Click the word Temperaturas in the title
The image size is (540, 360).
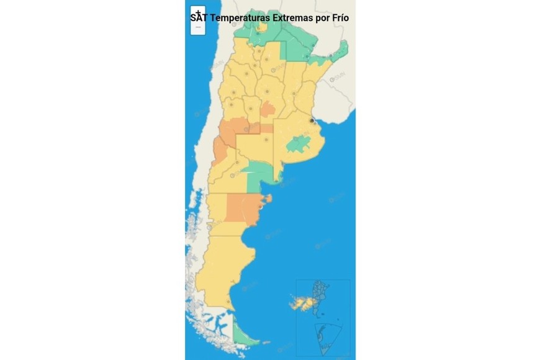(240, 18)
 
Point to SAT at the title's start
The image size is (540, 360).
(199, 18)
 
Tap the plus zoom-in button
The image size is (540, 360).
(198, 13)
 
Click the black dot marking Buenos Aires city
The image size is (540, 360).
(312, 121)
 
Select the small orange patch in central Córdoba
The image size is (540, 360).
(268, 110)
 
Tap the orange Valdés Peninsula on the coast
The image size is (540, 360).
(268, 199)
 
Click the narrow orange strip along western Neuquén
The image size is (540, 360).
(218, 151)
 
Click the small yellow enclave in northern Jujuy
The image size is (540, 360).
(262, 27)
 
